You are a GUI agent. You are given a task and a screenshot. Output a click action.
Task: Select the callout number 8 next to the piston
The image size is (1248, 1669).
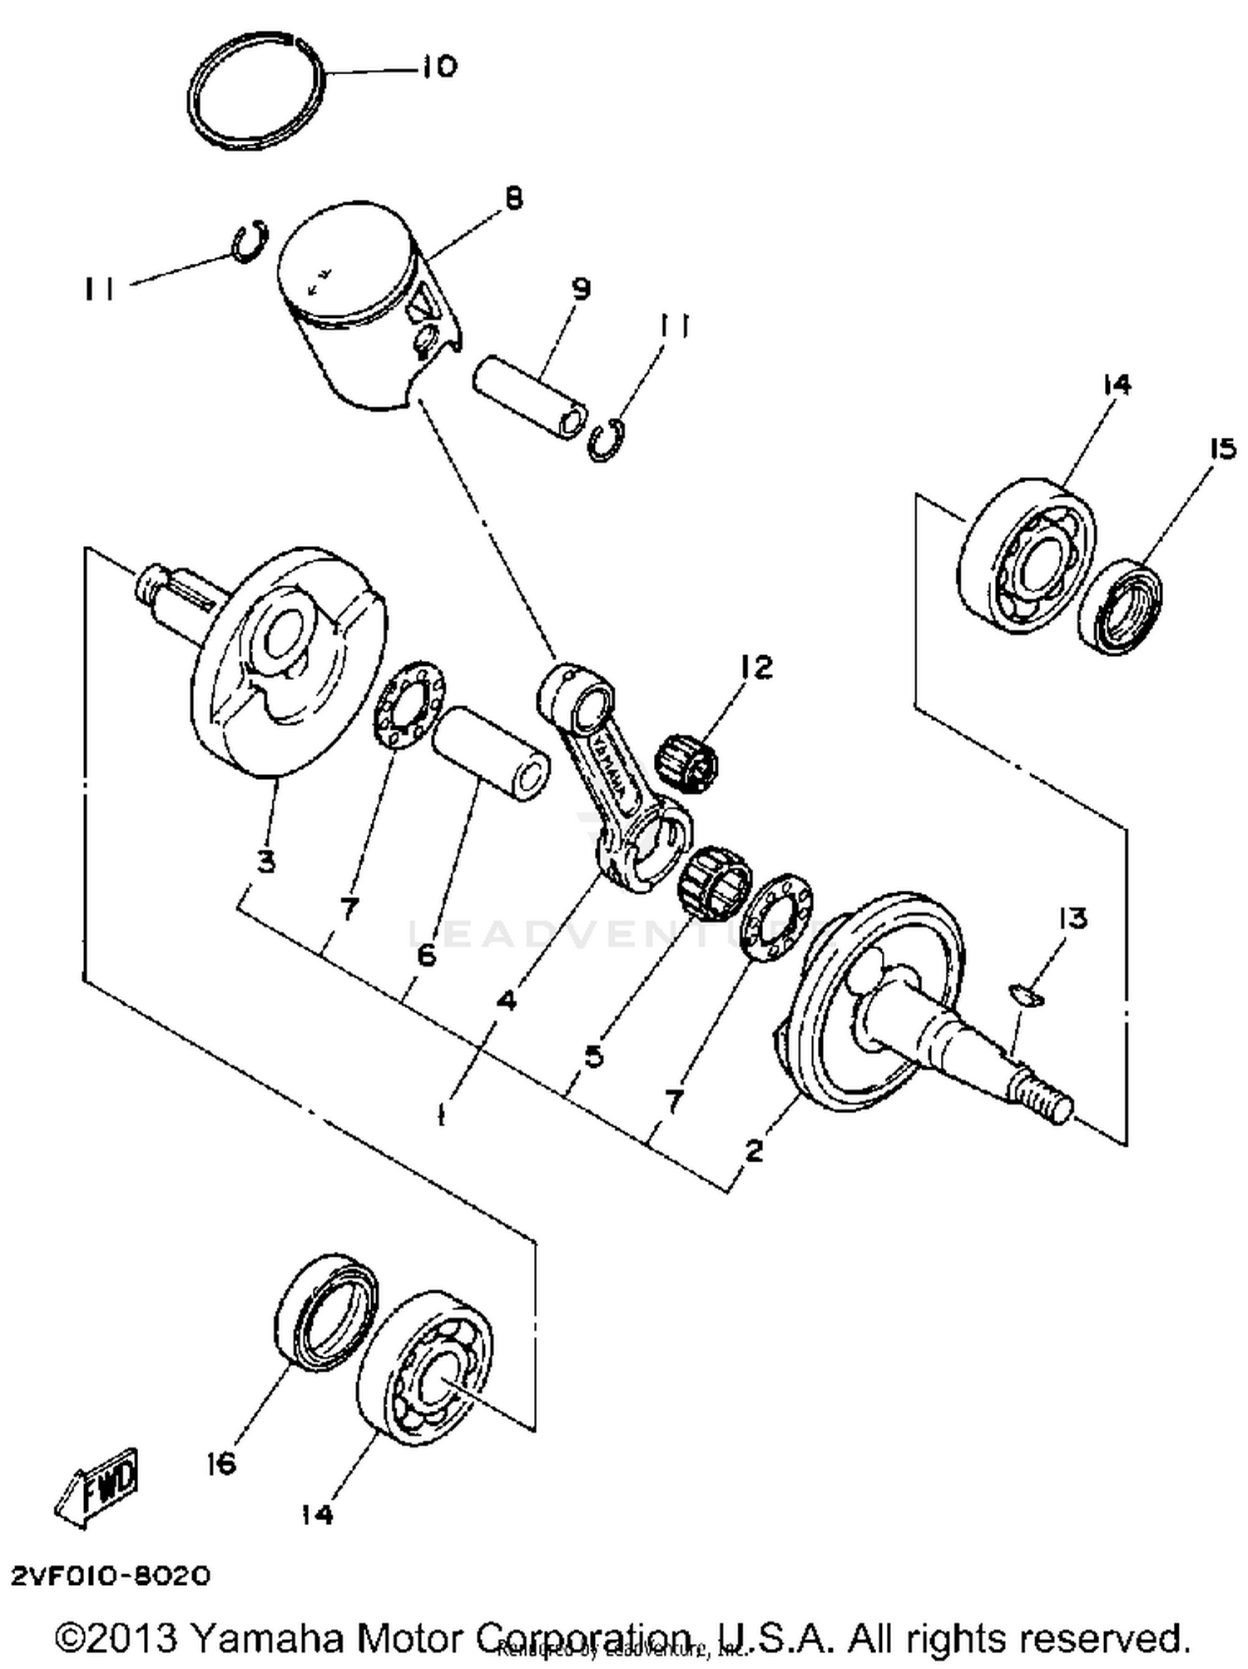click(x=514, y=198)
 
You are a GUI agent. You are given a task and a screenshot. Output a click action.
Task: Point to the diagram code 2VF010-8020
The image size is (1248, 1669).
click(x=111, y=1576)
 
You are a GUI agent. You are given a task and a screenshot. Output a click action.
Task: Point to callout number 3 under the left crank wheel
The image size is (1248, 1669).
click(x=265, y=862)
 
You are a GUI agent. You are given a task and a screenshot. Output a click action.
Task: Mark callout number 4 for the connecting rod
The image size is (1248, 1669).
click(x=505, y=999)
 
